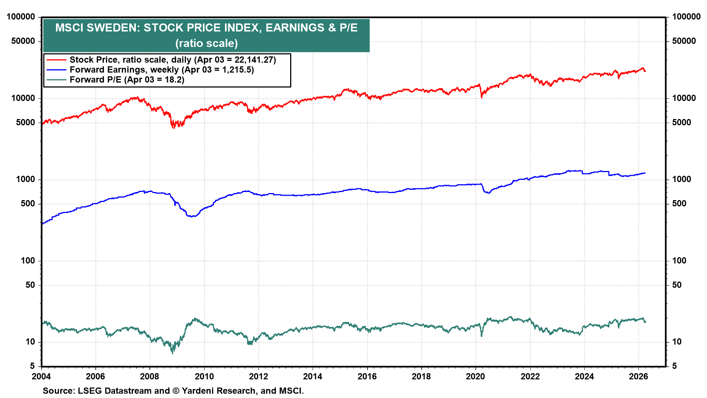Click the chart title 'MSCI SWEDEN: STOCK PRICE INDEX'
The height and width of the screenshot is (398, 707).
pyautogui.click(x=206, y=28)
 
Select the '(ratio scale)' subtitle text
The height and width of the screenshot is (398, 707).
pyautogui.click(x=206, y=43)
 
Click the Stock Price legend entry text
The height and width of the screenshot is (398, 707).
pyautogui.click(x=172, y=60)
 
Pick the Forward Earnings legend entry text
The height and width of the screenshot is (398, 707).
pyautogui.click(x=161, y=70)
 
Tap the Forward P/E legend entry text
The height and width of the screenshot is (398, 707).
pyautogui.click(x=127, y=80)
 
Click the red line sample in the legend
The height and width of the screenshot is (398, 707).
pyautogui.click(x=56, y=60)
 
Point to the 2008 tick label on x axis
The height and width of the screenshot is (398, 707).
pyautogui.click(x=150, y=376)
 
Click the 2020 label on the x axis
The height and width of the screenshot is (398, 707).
pyautogui.click(x=475, y=376)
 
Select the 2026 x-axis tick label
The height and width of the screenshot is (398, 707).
pyautogui.click(x=638, y=376)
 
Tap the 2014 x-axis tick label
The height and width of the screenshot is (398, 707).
pyautogui.click(x=312, y=376)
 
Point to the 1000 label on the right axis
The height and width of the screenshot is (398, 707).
pyautogui.click(x=682, y=179)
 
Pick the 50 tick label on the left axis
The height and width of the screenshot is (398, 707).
pyautogui.click(x=30, y=285)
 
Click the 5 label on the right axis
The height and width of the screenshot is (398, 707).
pyautogui.click(x=675, y=366)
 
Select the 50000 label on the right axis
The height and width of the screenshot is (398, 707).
pyautogui.click(x=684, y=41)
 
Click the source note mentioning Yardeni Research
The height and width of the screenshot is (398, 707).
pyautogui.click(x=173, y=391)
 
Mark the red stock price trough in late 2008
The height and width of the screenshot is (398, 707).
pyautogui.click(x=173, y=128)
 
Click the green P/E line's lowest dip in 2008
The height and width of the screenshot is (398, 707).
pyautogui.click(x=172, y=353)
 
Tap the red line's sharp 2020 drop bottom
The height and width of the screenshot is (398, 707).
pyautogui.click(x=481, y=97)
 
